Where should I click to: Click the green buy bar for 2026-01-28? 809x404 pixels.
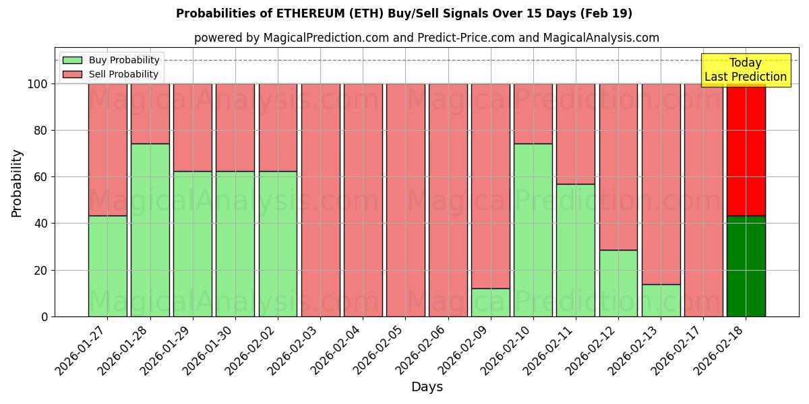coord(150,230)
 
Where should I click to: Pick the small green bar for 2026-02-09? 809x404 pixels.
coord(490,302)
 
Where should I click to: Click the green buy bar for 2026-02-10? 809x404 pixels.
coord(533,230)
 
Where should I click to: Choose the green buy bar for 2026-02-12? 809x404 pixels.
coord(618,283)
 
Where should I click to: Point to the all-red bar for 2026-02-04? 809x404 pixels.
coord(363,200)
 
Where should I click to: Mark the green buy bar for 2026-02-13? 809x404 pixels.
coord(661,300)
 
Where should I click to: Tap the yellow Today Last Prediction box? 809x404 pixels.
coord(745,70)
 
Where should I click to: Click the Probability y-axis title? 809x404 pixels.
coord(17,182)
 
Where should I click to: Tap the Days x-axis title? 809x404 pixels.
coord(427,387)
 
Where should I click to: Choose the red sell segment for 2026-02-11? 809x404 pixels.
coord(575,133)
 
